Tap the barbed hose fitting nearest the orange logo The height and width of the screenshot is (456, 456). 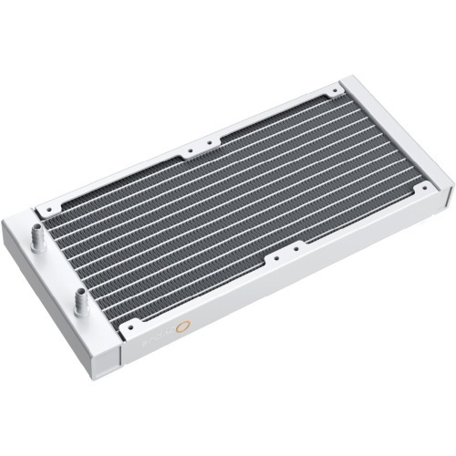tap(81, 297)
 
